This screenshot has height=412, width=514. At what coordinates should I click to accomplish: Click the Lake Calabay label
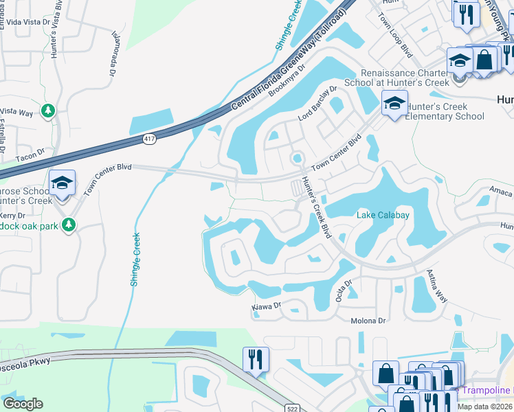click(383, 215)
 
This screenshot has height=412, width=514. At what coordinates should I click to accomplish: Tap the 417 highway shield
click(148, 139)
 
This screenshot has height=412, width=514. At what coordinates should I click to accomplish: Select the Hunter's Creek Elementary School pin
click(394, 104)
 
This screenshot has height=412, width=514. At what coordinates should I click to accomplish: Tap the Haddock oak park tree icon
click(67, 224)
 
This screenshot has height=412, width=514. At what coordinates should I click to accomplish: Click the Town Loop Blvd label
click(398, 41)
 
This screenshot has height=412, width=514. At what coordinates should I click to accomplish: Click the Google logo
click(23, 403)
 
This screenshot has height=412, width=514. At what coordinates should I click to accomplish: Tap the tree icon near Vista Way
click(47, 111)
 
